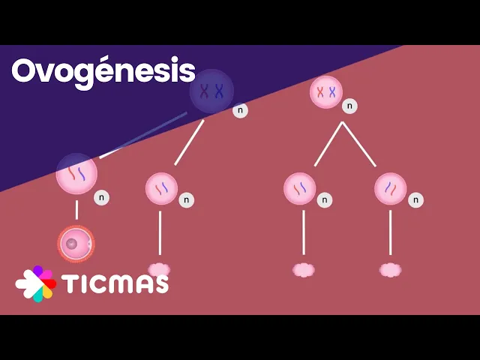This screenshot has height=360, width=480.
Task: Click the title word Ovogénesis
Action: [103, 71]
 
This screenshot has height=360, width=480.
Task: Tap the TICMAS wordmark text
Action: [115, 283]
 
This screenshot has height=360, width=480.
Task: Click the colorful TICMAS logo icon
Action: [35, 283]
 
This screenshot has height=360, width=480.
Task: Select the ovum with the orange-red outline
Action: [76, 244]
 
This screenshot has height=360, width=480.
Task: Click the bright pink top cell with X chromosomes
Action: [326, 92]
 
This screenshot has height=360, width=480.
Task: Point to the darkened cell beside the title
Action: [211, 91]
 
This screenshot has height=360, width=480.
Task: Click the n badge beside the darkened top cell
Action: [240, 110]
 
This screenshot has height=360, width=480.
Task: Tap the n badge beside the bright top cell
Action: [349, 106]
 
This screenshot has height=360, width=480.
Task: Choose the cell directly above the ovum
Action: [76, 174]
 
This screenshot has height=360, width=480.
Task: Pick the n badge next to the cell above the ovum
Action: [101, 197]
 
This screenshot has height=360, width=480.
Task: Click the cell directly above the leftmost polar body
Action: [161, 188]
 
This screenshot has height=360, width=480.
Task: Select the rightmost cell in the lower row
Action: [390, 188]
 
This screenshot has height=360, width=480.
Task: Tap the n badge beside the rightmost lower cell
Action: [415, 200]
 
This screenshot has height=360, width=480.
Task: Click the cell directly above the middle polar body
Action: [300, 188]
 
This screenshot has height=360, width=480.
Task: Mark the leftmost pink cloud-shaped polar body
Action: [159, 269]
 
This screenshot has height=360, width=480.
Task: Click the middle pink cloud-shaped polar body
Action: [303, 270]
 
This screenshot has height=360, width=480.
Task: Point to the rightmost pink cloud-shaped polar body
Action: [390, 270]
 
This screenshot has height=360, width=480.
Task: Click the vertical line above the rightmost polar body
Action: [390, 232]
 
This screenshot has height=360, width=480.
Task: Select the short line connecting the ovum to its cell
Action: [76, 210]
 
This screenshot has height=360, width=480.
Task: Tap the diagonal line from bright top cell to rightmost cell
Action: [359, 144]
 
